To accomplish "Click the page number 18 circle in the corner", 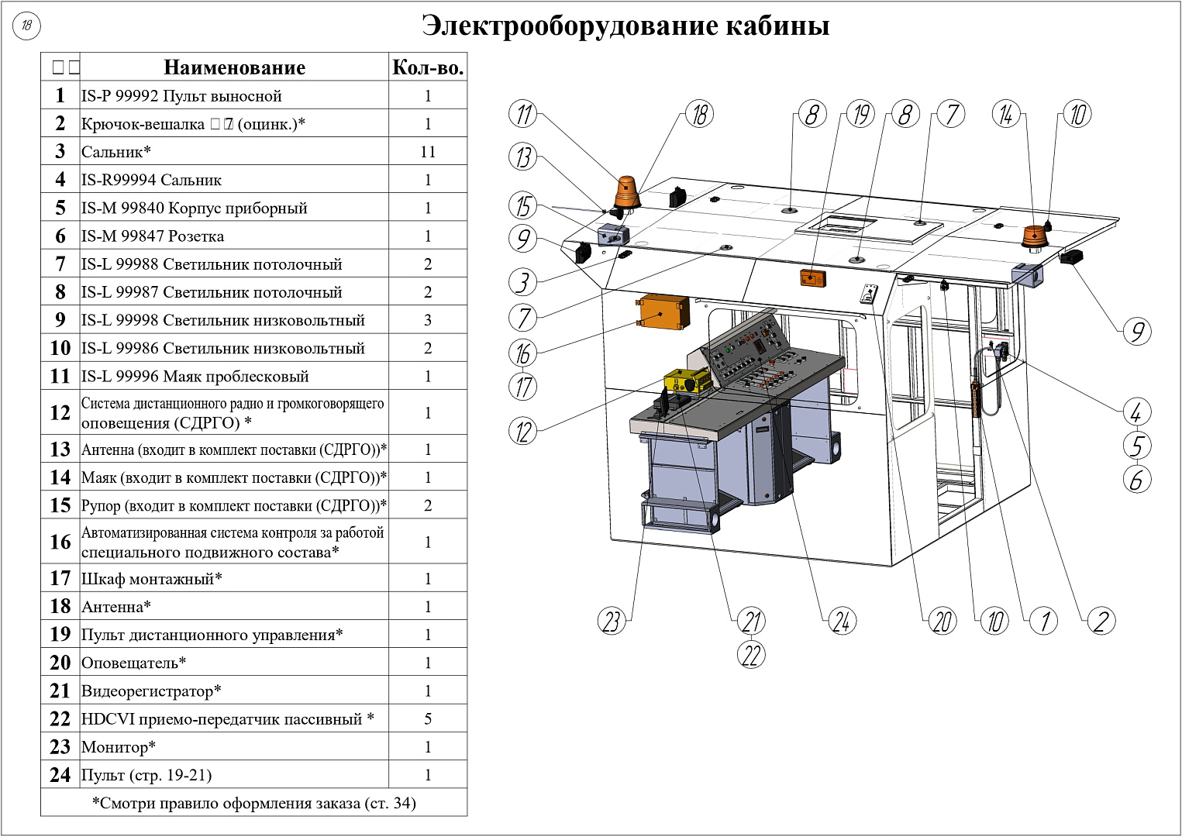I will coord(26,26).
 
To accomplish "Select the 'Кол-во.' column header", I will coord(428,67).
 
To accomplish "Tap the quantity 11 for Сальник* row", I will coord(428,152).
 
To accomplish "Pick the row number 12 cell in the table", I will coord(60,412).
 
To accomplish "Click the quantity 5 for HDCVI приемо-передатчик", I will coord(428,719).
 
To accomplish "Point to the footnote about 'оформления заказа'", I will coord(253,803).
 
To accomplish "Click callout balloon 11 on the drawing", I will coord(523,115).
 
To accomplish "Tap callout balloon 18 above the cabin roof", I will coord(699,115).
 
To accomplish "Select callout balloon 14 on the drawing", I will coord(1006,115).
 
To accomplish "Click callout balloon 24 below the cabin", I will coord(842,621).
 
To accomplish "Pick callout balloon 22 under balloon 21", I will coord(751,655).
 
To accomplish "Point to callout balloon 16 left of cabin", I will coord(523,353).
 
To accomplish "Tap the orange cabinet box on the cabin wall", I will coord(663,312).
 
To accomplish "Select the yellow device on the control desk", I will coord(687,381).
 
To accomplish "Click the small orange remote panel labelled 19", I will coord(812,277).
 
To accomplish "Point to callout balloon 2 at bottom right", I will coord(1101,621).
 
